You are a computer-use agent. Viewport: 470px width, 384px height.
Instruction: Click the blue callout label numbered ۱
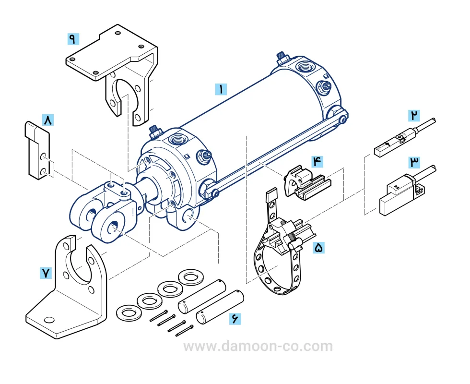pyautogui.click(x=221, y=89)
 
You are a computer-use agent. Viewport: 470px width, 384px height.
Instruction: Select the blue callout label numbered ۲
pyautogui.click(x=414, y=116)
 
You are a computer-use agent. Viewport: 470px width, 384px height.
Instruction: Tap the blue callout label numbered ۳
pyautogui.click(x=414, y=162)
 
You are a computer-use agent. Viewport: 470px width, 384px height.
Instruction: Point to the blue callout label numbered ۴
pyautogui.click(x=317, y=161)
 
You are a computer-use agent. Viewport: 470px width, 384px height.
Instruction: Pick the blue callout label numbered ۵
pyautogui.click(x=318, y=248)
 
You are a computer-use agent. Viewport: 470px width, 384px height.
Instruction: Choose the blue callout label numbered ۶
pyautogui.click(x=235, y=318)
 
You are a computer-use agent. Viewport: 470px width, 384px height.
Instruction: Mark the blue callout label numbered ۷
pyautogui.click(x=46, y=273)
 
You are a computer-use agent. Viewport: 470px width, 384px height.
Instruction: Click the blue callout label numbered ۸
pyautogui.click(x=48, y=120)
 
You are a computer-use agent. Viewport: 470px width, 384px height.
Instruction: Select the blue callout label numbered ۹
pyautogui.click(x=73, y=39)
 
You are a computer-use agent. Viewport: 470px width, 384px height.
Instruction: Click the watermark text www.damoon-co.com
pyautogui.click(x=258, y=346)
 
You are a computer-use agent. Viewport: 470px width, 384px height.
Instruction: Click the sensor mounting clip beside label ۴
pyautogui.click(x=307, y=182)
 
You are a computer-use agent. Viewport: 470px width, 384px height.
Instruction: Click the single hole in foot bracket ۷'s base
pyautogui.click(x=49, y=320)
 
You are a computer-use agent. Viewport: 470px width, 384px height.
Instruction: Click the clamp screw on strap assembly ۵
pyautogui.click(x=296, y=245)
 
